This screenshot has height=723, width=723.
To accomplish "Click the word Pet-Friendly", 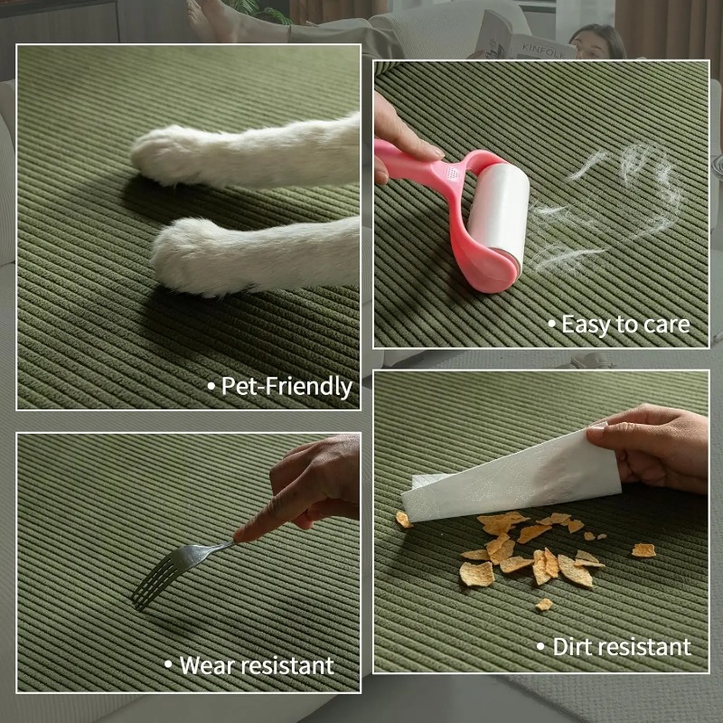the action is pyautogui.click(x=286, y=387).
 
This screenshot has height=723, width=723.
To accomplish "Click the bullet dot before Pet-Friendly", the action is pyautogui.click(x=211, y=387).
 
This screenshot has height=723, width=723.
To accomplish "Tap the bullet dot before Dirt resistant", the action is pyautogui.click(x=540, y=646).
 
